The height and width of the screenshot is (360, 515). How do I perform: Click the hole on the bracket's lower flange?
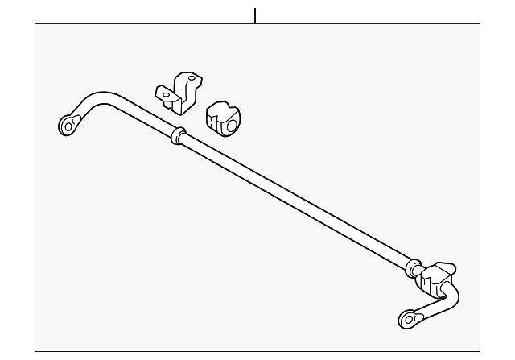click(x=166, y=95)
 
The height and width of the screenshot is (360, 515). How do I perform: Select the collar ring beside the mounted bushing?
click(x=414, y=267)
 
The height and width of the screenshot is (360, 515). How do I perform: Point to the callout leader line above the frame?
click(x=255, y=15)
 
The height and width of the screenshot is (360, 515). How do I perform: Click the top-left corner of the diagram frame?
click(x=35, y=23)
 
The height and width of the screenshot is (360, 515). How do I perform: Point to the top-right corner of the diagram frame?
click(x=481, y=23)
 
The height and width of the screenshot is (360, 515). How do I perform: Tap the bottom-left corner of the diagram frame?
click(x=35, y=351)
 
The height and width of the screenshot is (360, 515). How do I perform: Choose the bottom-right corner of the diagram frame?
click(x=481, y=351)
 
